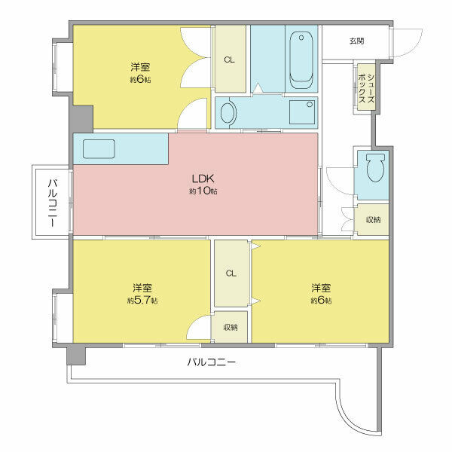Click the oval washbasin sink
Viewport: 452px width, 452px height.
click(x=228, y=114)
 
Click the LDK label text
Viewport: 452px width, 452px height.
click(x=203, y=179)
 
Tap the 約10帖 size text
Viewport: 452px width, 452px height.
click(x=203, y=191)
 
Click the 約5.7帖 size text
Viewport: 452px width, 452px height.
click(x=142, y=301)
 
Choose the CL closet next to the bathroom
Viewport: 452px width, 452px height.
click(x=229, y=60)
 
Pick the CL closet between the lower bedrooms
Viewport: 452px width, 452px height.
click(x=231, y=273)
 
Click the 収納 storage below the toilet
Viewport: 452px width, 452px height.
click(x=372, y=220)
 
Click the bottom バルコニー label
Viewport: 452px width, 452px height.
click(x=212, y=362)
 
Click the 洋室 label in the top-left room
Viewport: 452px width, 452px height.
click(x=139, y=66)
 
